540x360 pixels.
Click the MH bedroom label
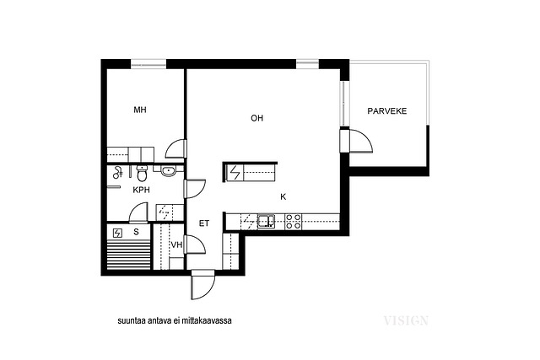[x=140, y=110]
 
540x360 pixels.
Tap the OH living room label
[x=256, y=118]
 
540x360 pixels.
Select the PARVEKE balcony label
[x=387, y=111]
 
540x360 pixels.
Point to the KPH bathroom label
[x=141, y=190]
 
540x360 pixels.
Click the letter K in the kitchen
[x=283, y=197]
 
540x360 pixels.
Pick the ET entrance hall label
[x=204, y=223]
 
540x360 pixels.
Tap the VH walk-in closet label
[x=176, y=244]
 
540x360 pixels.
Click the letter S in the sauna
[x=136, y=232]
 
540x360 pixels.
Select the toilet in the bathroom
[x=142, y=173]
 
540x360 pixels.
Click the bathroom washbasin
[x=169, y=170]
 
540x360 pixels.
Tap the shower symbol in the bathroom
[x=118, y=172]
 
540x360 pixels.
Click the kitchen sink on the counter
[x=266, y=221]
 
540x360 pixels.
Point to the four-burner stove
[x=294, y=221]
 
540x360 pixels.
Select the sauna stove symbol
[x=118, y=234]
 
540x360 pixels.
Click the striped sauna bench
[x=129, y=255]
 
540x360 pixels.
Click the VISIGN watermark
[x=406, y=320]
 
